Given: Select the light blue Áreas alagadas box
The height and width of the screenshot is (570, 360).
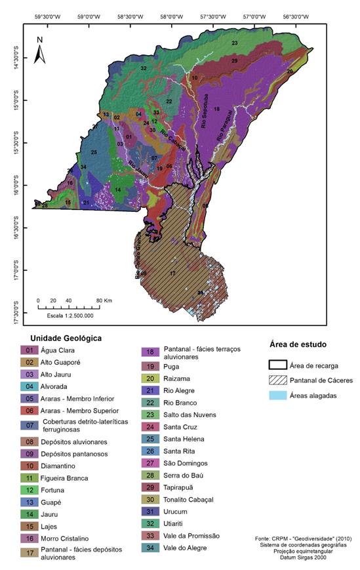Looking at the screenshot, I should coord(283,396).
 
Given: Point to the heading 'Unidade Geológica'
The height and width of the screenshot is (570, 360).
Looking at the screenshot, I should coord(64,338).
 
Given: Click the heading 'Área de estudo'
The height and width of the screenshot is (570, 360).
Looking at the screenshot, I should coord(298,344).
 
